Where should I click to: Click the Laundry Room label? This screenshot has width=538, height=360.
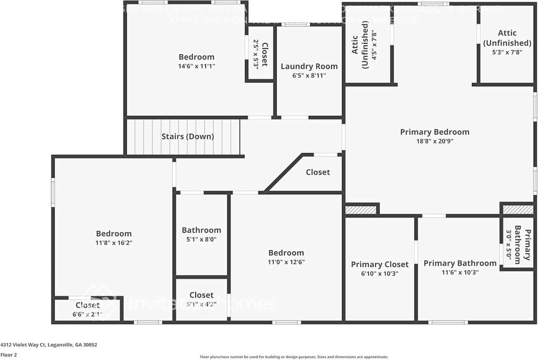[309, 66]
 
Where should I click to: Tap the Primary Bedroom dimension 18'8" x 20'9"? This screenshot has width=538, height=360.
[434, 142]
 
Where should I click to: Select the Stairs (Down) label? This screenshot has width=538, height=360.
[187, 137]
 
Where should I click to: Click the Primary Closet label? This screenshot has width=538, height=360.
[380, 264]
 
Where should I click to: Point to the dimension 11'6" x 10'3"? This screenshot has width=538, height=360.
[460, 272]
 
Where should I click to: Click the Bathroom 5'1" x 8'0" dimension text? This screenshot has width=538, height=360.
[201, 239]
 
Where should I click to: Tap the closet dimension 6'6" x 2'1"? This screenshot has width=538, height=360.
[87, 313]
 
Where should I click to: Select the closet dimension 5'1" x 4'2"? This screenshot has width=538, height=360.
[201, 304]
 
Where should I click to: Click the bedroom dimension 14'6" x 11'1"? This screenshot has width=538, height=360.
[196, 66]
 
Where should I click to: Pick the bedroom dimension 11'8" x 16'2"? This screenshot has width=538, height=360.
[113, 243]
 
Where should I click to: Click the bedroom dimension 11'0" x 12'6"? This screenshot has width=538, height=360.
[286, 262]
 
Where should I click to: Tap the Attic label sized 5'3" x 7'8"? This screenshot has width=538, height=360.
[507, 38]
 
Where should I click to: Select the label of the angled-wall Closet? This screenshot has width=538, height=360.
[318, 172]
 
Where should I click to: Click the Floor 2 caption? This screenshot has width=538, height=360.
[9, 355]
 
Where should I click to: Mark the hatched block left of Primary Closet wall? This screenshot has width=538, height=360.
[361, 210]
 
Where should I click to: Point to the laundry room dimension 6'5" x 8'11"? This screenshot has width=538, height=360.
[309, 76]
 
